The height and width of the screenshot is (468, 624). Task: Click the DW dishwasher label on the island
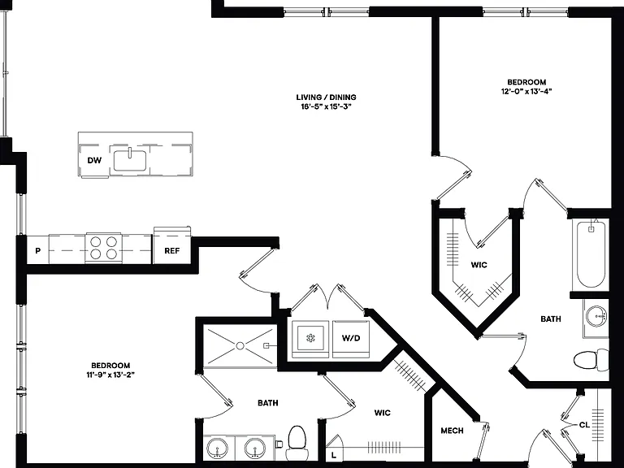coord(94,160)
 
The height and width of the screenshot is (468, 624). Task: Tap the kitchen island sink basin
coord(130,160)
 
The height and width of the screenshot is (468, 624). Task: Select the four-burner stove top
coord(103,248)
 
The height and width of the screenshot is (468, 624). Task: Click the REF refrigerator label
coord(172,251)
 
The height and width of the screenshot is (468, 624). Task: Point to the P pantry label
coord(38,251)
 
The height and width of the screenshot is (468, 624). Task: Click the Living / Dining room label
coord(326,97)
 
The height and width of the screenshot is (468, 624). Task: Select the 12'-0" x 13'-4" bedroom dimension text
coord(526,91)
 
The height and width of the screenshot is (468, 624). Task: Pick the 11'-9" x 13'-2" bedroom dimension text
coord(110,375)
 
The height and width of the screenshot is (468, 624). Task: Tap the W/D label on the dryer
coord(351,338)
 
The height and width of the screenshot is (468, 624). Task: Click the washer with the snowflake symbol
coord(310,339)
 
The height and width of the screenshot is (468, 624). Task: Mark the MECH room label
coord(452,431)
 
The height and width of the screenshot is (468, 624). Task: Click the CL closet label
coord(584,425)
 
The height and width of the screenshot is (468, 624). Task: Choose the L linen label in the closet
coord(333,455)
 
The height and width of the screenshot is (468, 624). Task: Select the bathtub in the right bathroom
coord(591,254)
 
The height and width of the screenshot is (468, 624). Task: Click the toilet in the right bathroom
coord(591,360)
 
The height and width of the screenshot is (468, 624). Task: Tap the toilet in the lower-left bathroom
coord(296,442)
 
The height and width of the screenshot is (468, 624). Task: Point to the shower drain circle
coord(240,346)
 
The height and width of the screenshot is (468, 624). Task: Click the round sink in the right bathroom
coord(596,316)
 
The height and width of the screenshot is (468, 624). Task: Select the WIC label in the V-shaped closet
coord(479,265)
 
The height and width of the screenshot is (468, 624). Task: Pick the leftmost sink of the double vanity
coord(218,448)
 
